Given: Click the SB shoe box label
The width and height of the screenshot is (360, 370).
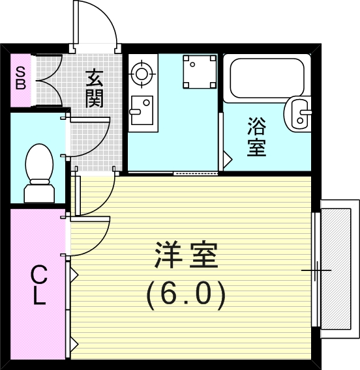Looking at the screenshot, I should click(20, 78).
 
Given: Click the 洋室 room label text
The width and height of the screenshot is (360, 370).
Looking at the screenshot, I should click(186, 256).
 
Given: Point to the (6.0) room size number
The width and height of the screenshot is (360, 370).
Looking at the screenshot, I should click(186, 294).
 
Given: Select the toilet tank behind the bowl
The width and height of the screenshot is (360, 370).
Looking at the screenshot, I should click(38, 193).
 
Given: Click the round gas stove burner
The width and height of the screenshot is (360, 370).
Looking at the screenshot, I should click(141, 74).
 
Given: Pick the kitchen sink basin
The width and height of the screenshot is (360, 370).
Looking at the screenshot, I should click(140, 110).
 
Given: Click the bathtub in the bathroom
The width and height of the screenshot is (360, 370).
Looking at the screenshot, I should click(266, 78).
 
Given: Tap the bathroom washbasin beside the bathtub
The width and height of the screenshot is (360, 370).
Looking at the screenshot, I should click(301, 114).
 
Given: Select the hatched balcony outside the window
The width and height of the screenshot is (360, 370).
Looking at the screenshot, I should click(340, 267).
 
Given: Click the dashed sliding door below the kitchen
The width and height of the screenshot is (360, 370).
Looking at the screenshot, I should click(196, 173).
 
